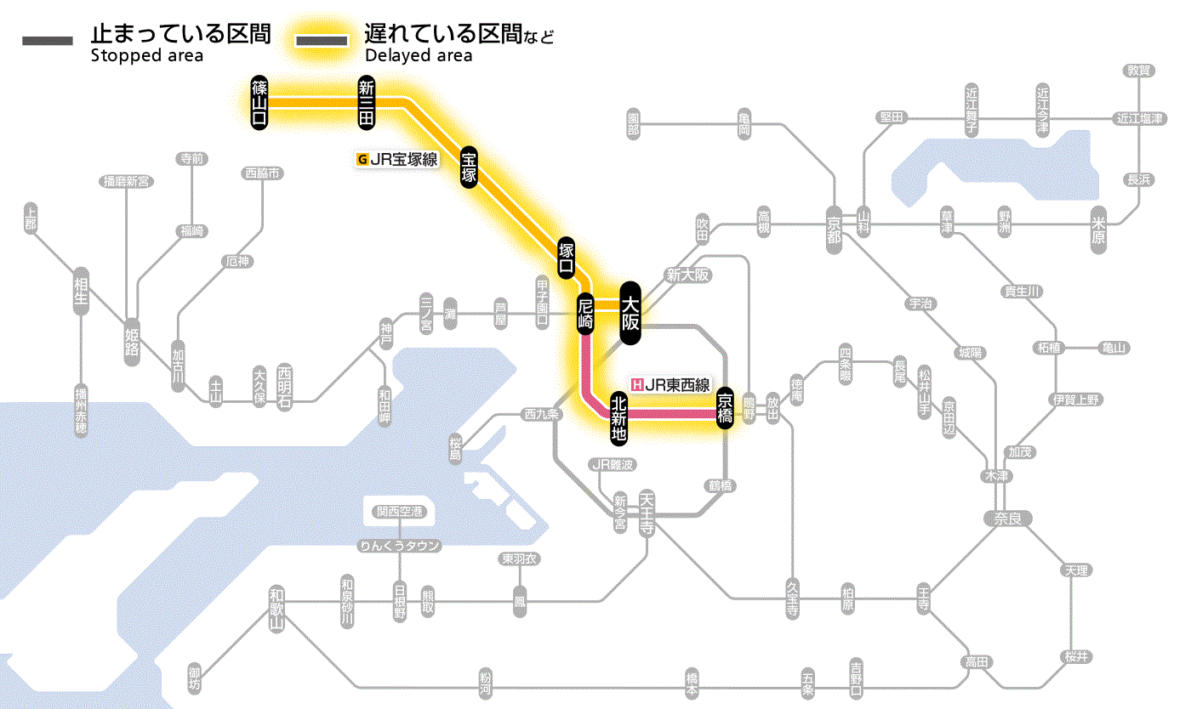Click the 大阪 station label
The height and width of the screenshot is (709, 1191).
[630, 312]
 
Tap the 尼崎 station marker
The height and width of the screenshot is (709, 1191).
[584, 313]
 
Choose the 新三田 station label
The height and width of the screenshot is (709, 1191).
[366, 102]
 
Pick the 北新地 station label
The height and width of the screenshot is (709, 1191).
[618, 417]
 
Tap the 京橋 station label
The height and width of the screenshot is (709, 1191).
[725, 408]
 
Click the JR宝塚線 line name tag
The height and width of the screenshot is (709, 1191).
[397, 158]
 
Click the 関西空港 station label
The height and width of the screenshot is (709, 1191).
[400, 512]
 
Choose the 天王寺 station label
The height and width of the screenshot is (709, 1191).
[647, 512]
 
